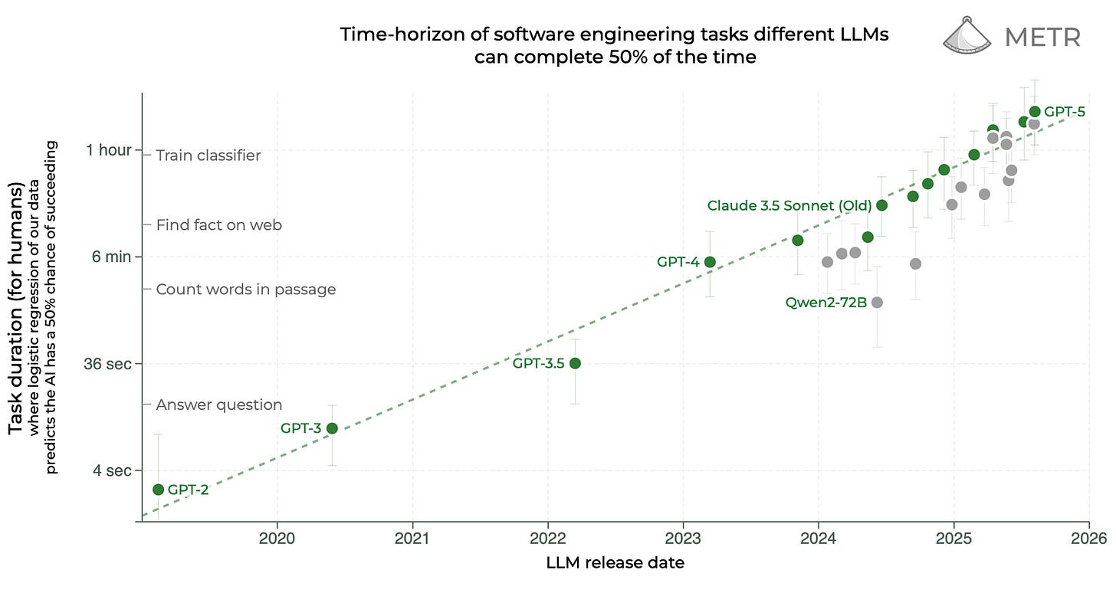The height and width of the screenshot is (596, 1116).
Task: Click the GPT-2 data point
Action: click(159, 490)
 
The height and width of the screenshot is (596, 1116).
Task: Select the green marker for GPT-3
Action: click(332, 428)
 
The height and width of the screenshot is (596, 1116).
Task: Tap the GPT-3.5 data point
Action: click(575, 363)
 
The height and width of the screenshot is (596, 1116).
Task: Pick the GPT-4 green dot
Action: click(710, 262)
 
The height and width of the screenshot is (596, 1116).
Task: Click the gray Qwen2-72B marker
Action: click(878, 303)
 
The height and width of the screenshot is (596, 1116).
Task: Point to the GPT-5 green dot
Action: click(1035, 112)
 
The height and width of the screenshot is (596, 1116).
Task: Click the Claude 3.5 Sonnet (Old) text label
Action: click(789, 205)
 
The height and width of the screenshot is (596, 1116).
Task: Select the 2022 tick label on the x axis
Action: click(548, 538)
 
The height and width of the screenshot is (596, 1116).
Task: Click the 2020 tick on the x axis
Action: click(277, 538)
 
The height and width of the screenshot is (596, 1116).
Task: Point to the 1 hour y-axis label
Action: click(108, 150)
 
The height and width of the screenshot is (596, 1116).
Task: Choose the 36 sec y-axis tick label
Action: click(107, 363)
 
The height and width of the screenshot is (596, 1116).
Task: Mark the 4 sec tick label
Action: click(112, 470)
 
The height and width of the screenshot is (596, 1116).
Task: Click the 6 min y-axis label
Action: click(112, 257)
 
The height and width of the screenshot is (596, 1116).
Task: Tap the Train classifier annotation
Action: click(208, 156)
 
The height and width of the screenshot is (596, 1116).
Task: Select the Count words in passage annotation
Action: click(246, 290)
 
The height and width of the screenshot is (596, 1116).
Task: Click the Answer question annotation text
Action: click(219, 404)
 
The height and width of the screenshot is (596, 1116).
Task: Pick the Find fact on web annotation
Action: click(219, 225)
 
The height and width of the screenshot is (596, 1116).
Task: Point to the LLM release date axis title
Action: click(615, 563)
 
